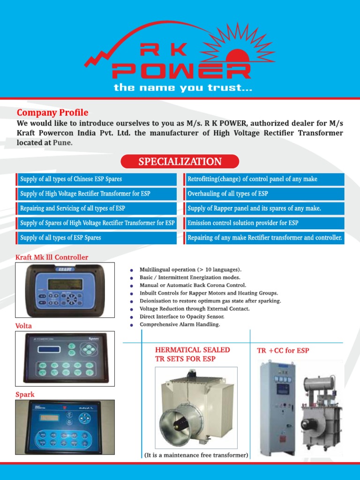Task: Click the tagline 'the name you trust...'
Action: click(x=183, y=88)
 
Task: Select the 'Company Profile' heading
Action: click(x=52, y=112)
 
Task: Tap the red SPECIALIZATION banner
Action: click(x=180, y=162)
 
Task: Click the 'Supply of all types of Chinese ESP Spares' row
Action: click(x=97, y=179)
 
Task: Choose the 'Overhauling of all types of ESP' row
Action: click(x=263, y=194)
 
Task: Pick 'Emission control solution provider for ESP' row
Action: click(x=263, y=223)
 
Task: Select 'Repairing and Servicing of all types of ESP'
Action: click(x=97, y=208)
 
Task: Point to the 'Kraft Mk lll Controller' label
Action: click(x=52, y=257)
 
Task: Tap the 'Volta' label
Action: click(x=24, y=326)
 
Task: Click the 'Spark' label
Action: click(x=25, y=395)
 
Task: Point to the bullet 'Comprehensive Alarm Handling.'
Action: click(x=180, y=324)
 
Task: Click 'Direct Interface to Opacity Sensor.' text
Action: click(x=185, y=316)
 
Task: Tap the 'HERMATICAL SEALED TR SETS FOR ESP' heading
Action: click(x=192, y=354)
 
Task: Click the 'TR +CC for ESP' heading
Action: click(x=283, y=351)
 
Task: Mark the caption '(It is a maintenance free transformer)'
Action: click(x=196, y=455)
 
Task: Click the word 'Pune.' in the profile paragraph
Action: click(x=63, y=143)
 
